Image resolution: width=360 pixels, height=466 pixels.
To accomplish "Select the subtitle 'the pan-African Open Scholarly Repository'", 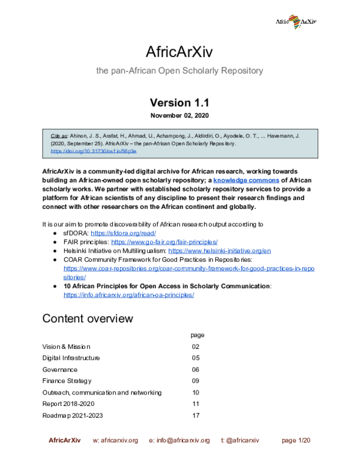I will pyautogui.click(x=179, y=71).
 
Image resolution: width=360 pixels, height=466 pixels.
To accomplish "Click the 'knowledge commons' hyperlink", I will pyautogui.click(x=246, y=180).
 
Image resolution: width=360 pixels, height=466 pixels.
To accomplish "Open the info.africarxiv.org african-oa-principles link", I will pyautogui.click(x=128, y=295).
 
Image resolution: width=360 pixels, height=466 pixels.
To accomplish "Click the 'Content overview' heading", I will pyautogui.click(x=88, y=318).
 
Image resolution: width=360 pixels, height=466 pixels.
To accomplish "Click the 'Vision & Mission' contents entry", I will pyautogui.click(x=66, y=346).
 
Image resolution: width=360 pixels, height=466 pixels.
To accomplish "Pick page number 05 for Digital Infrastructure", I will pyautogui.click(x=196, y=358).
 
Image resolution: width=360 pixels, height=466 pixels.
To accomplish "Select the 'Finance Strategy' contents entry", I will pyautogui.click(x=67, y=381).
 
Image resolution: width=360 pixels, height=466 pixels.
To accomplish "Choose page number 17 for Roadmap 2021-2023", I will pyautogui.click(x=196, y=416).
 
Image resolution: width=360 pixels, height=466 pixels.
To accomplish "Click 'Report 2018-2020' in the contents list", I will pyautogui.click(x=68, y=404).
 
